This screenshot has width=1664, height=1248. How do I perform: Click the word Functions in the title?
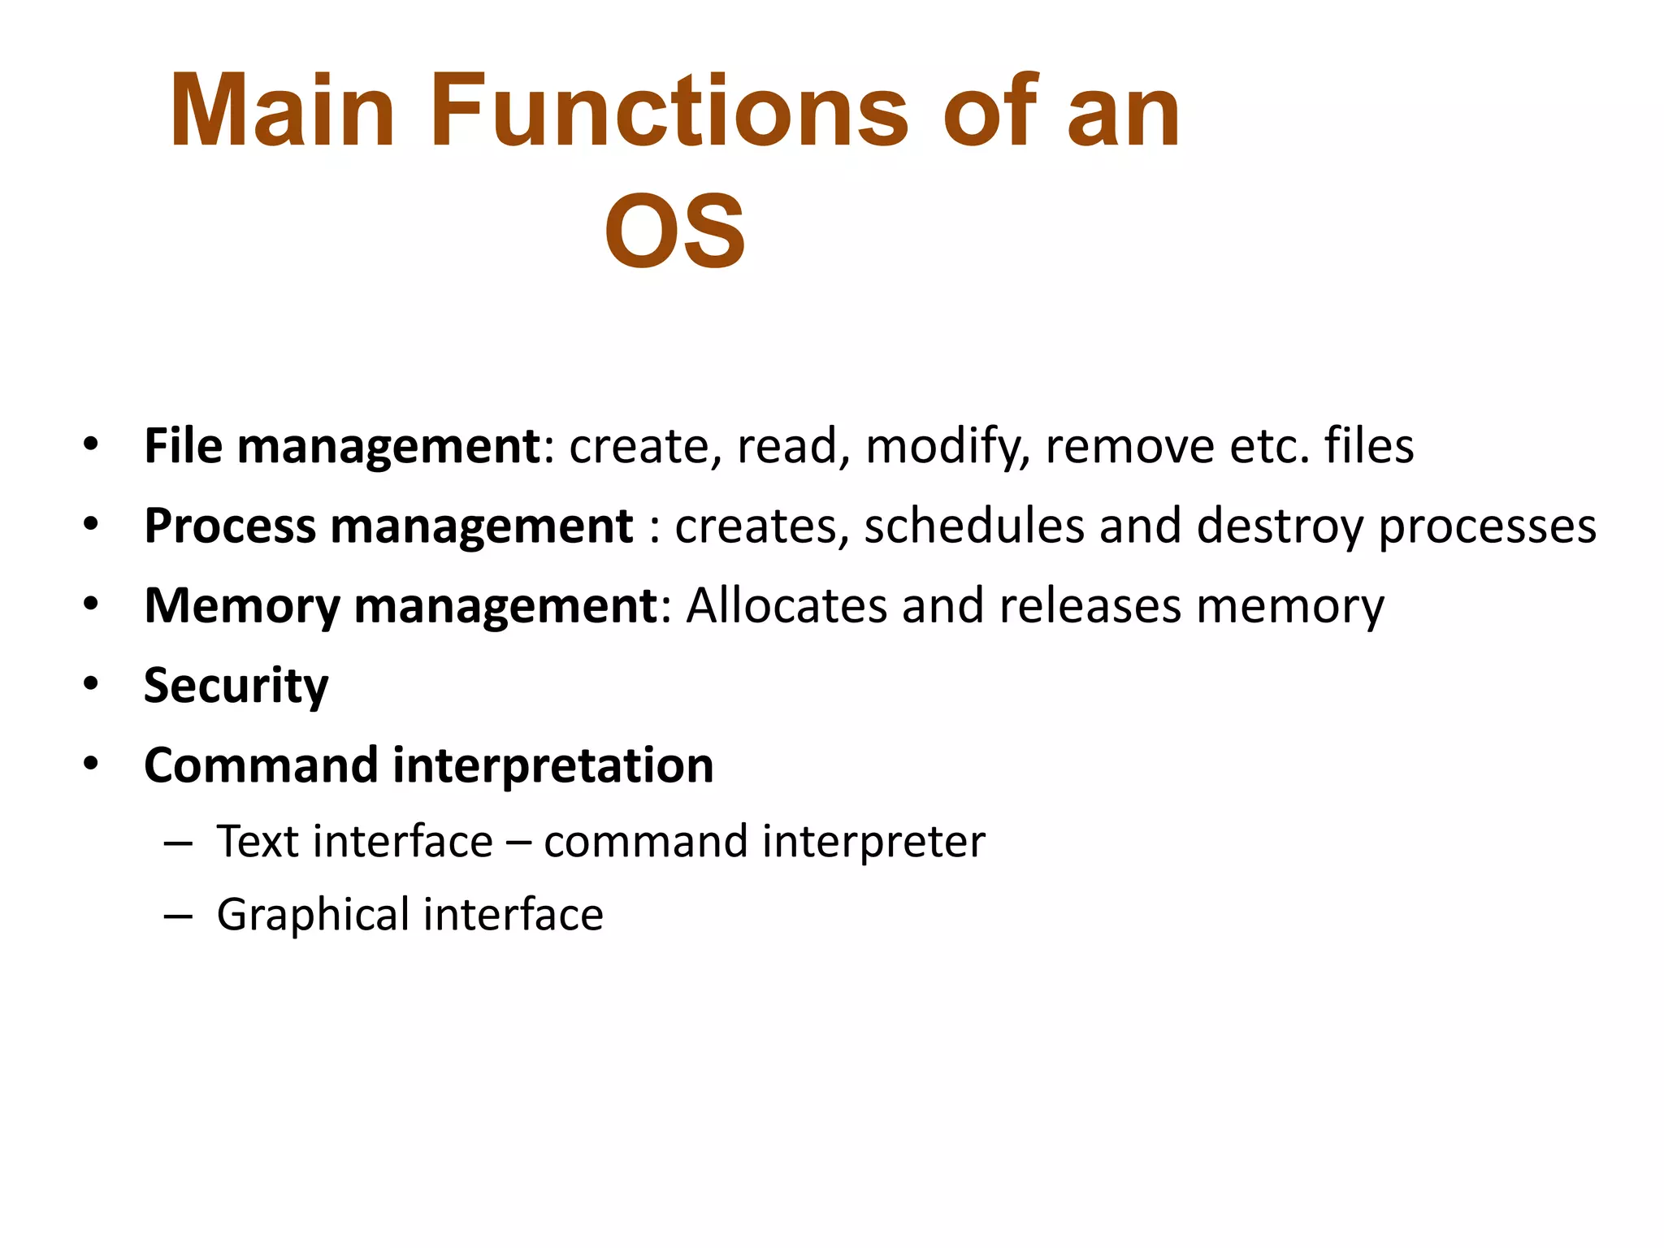[x=668, y=111]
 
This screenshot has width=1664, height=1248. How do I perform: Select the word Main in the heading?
[x=282, y=111]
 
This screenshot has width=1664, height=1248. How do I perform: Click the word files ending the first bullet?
[x=1369, y=446]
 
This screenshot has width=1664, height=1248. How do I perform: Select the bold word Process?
[x=230, y=526]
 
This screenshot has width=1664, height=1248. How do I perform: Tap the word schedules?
[x=974, y=526]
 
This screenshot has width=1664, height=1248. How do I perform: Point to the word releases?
[x=1090, y=606]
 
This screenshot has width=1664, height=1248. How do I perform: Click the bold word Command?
[x=261, y=765]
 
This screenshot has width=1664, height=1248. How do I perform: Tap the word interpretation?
[x=552, y=766]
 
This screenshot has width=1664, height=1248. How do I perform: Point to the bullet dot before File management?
[x=90, y=445]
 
